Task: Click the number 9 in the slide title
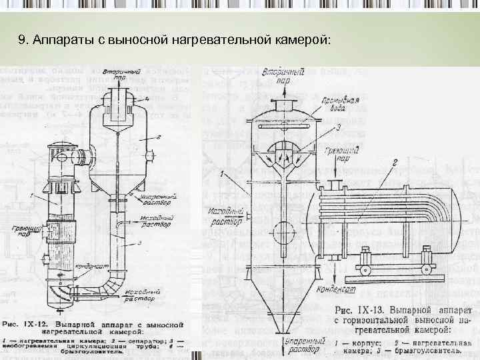pyautogui.click(x=23, y=41)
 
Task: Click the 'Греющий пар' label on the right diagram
pyautogui.click(x=339, y=155)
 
